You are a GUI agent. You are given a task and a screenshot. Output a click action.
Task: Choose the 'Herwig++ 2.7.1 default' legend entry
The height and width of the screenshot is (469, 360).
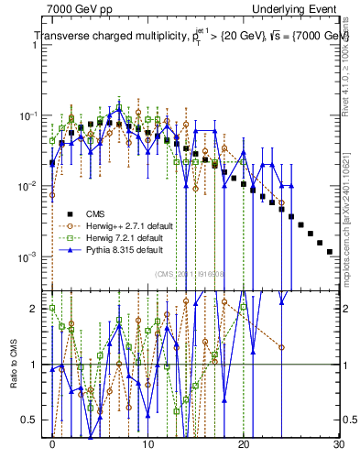point(127,224)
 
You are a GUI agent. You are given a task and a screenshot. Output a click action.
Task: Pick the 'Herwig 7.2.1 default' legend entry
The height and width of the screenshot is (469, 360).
point(125,237)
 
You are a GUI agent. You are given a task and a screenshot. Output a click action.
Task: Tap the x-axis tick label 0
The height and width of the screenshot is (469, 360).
point(52,444)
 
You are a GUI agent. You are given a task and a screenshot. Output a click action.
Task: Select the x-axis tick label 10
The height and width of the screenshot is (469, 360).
point(147,444)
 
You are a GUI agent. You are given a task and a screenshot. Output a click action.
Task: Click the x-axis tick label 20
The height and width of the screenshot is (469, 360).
point(243,444)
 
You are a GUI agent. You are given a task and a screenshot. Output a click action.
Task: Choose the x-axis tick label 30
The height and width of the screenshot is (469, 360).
point(338,444)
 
